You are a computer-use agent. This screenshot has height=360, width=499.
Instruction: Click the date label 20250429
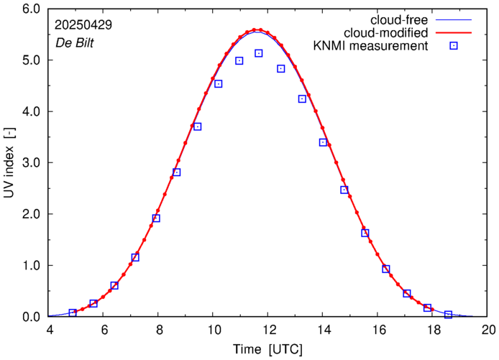pyautogui.click(x=83, y=24)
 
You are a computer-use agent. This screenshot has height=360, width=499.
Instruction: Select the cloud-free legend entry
pyautogui.click(x=400, y=19)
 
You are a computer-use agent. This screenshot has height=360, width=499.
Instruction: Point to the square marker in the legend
pyautogui.click(x=454, y=46)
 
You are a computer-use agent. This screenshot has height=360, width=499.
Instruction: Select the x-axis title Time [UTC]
pyautogui.click(x=267, y=349)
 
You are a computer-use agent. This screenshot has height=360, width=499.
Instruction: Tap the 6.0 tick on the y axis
pyautogui.click(x=31, y=9)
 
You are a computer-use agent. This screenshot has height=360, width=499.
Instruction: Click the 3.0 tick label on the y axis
pyautogui.click(x=31, y=163)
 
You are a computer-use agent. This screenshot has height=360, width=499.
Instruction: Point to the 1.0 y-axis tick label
pyautogui.click(x=31, y=266)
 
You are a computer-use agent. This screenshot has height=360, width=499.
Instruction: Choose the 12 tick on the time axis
pyautogui.click(x=269, y=330)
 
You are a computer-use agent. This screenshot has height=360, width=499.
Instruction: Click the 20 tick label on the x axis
pyautogui.click(x=488, y=330)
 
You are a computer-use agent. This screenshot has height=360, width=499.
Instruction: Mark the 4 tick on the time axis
pyautogui.click(x=50, y=330)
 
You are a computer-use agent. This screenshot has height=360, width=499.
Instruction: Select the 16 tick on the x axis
pyautogui.click(x=379, y=330)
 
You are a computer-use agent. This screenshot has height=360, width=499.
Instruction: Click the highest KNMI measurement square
pyautogui.click(x=259, y=53)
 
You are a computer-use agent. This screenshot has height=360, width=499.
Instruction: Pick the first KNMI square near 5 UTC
pyautogui.click(x=73, y=313)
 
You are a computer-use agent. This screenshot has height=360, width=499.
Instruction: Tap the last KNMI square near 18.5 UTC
pyautogui.click(x=448, y=315)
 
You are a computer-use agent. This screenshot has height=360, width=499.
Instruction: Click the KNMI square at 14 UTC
pyautogui.click(x=323, y=142)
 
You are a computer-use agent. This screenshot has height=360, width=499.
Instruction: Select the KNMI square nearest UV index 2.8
pyautogui.click(x=176, y=172)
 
